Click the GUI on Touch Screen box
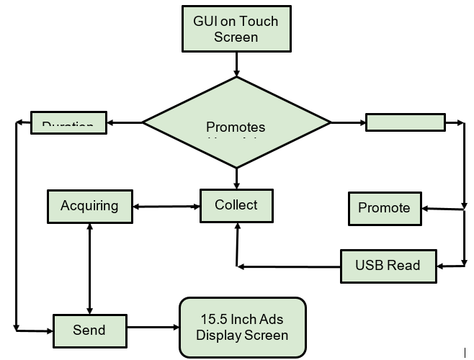(236, 29)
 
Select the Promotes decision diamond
(236, 123)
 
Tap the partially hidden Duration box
(68, 122)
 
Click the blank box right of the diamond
(405, 122)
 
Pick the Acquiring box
(89, 206)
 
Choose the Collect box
(236, 205)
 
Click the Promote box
(384, 208)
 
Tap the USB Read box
(388, 265)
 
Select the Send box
(89, 330)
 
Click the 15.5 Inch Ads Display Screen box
(242, 327)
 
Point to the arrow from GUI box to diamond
(236, 65)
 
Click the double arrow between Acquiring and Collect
(166, 207)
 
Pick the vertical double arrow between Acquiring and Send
(89, 266)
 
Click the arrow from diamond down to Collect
(236, 179)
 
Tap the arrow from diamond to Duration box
(125, 122)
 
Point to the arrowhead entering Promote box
(426, 209)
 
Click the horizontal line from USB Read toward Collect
(288, 266)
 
